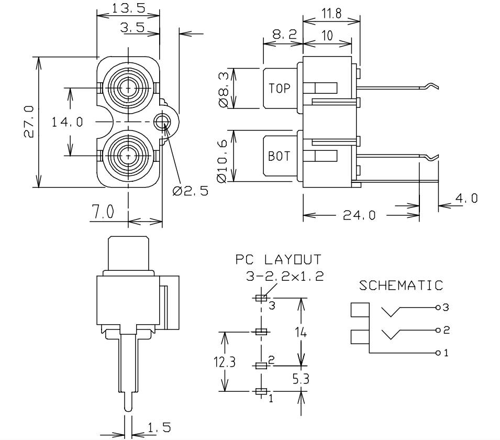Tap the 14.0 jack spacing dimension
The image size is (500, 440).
click(67, 122)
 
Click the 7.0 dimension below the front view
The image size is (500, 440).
click(103, 212)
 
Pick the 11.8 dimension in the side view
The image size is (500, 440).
click(331, 14)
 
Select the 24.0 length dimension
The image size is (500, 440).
click(359, 215)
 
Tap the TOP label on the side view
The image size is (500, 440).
click(279, 89)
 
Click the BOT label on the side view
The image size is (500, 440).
click(279, 156)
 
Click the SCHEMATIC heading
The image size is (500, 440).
click(401, 285)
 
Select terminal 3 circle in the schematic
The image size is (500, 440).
click(437, 307)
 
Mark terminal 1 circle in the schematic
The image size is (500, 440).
click(437, 353)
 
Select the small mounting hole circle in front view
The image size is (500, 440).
click(162, 123)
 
